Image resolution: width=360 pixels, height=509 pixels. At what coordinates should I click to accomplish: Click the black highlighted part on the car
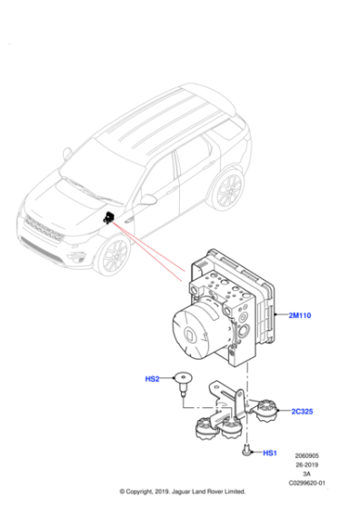click(x=108, y=218)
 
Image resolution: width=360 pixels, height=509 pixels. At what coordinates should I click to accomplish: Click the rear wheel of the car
click(x=227, y=191)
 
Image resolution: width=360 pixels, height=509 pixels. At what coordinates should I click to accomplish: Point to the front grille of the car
click(x=41, y=232)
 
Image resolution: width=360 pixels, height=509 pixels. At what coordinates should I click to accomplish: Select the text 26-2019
click(x=307, y=464)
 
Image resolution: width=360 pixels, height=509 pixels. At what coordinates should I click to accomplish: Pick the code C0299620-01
click(x=307, y=484)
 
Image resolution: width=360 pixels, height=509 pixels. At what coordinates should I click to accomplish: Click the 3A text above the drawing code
click(x=307, y=474)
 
